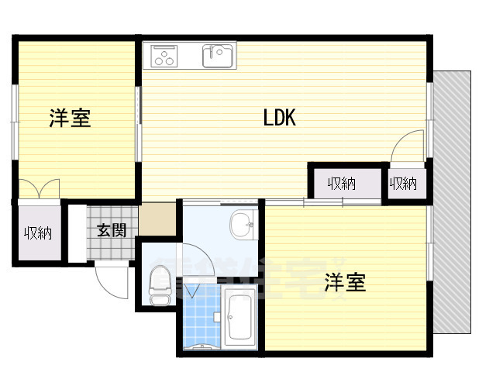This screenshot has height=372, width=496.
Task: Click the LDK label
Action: click(x=280, y=119)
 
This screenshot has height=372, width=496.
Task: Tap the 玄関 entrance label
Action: click(x=112, y=230)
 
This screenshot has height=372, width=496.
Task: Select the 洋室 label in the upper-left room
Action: click(x=70, y=119)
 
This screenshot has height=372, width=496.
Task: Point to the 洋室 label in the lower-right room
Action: click(x=345, y=282)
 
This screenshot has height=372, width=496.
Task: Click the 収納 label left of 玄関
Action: click(x=37, y=232)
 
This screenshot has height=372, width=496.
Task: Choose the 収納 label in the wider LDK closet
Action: click(x=341, y=184)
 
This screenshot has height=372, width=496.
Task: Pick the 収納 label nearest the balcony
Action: click(x=403, y=184)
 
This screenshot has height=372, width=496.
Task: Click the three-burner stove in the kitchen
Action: click(x=165, y=56)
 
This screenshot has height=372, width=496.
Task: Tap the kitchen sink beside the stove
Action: click(x=218, y=56)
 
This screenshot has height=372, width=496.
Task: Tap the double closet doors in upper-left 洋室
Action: click(x=39, y=188)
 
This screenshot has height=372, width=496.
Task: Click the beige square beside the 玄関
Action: click(x=157, y=218)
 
